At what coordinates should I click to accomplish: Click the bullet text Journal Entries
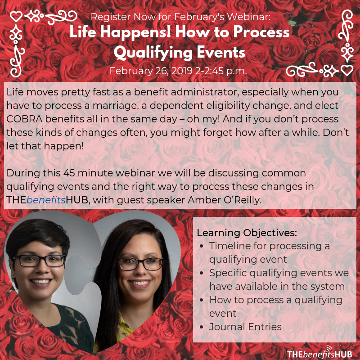point(245,327)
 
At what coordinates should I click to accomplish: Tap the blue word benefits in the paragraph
point(46,200)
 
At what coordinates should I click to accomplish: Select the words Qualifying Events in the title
point(180,52)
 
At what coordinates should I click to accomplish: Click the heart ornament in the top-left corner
point(16,17)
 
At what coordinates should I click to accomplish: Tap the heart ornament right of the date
point(346,71)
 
